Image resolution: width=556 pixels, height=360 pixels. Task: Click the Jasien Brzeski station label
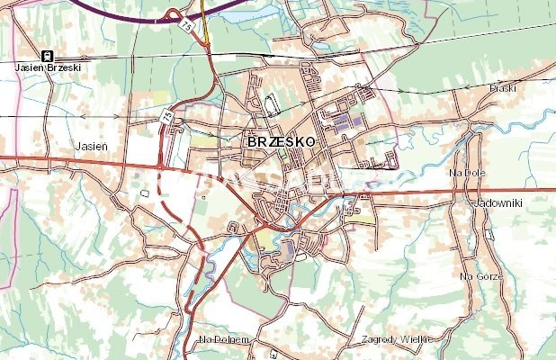[47, 67]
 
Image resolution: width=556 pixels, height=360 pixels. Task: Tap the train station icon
[47, 56]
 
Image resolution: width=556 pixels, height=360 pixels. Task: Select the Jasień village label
[91, 143]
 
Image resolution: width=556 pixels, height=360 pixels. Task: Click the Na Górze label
[478, 277]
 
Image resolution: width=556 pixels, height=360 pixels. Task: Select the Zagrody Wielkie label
[396, 339]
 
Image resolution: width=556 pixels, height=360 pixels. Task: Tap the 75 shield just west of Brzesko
[167, 117]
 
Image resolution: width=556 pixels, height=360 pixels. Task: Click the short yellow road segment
[205, 31]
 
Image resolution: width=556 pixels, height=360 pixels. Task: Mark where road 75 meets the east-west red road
[159, 166]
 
